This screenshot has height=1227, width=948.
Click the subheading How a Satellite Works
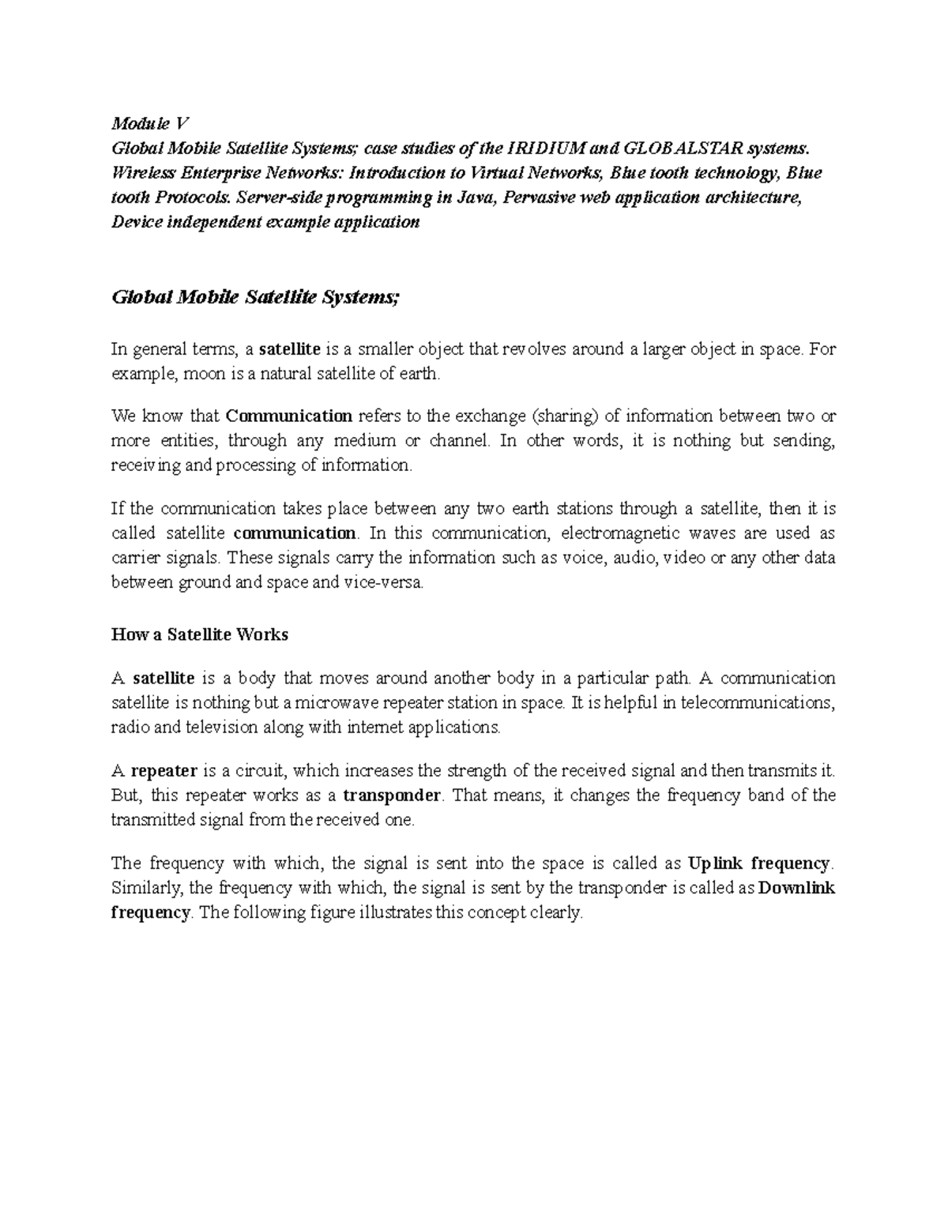click(200, 634)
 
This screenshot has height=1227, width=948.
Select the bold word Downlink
click(796, 887)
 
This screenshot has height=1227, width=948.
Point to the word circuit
click(261, 770)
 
